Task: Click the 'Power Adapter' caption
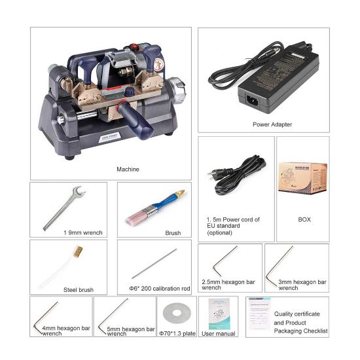272,124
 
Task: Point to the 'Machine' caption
128,169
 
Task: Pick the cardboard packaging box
302,175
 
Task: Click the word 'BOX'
302,219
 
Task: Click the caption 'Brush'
172,232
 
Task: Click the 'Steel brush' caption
79,289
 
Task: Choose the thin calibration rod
154,263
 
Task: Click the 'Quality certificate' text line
300,314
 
